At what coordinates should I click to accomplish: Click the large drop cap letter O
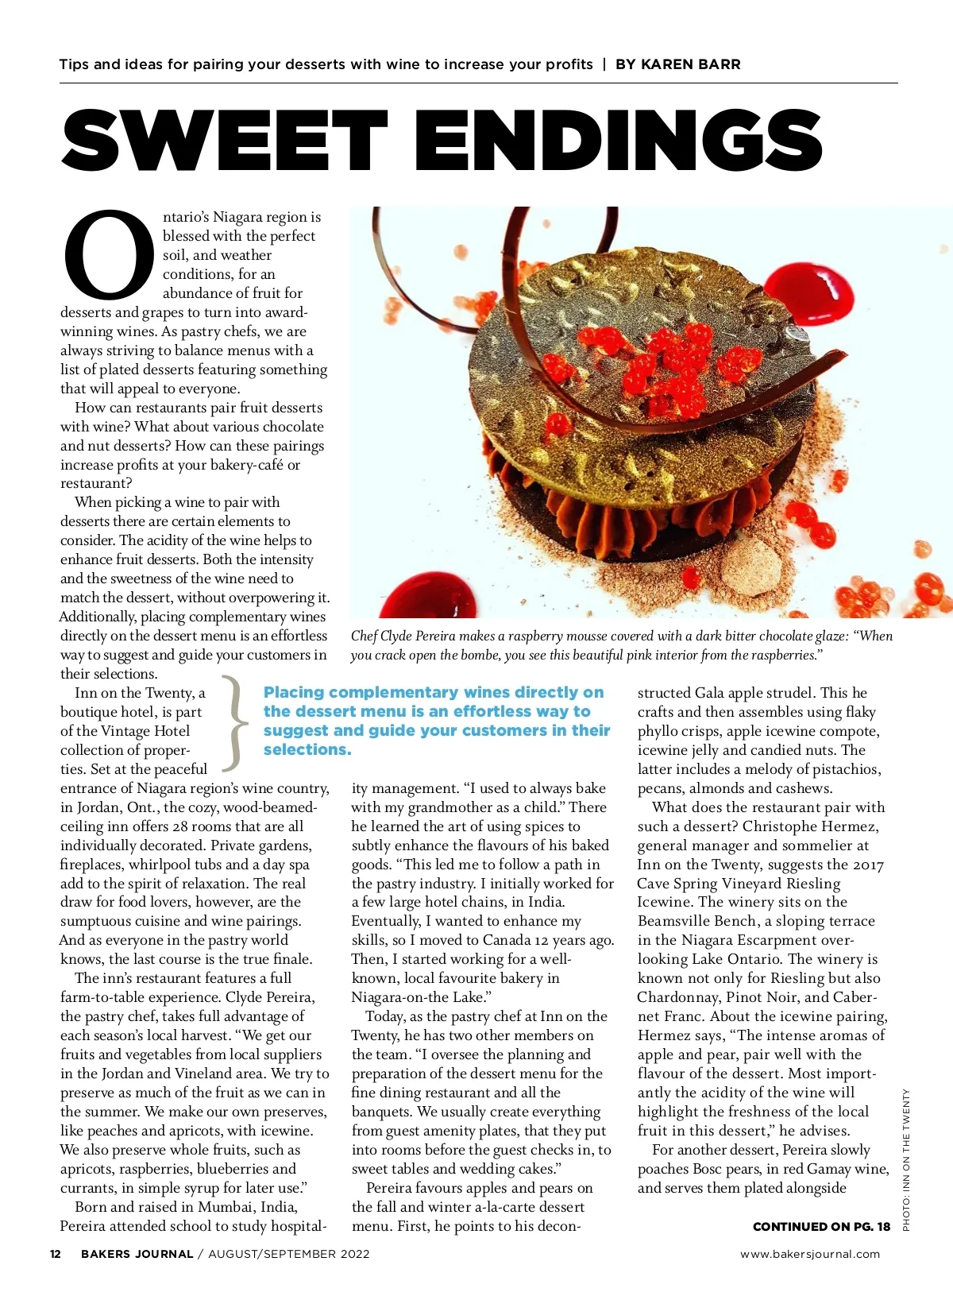point(110,253)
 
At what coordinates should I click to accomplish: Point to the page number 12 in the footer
point(56,1254)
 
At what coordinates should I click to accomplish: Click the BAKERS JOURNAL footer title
point(137,1254)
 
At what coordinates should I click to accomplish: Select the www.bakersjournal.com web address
point(810,1254)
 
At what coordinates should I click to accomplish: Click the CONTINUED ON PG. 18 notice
point(821,1227)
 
